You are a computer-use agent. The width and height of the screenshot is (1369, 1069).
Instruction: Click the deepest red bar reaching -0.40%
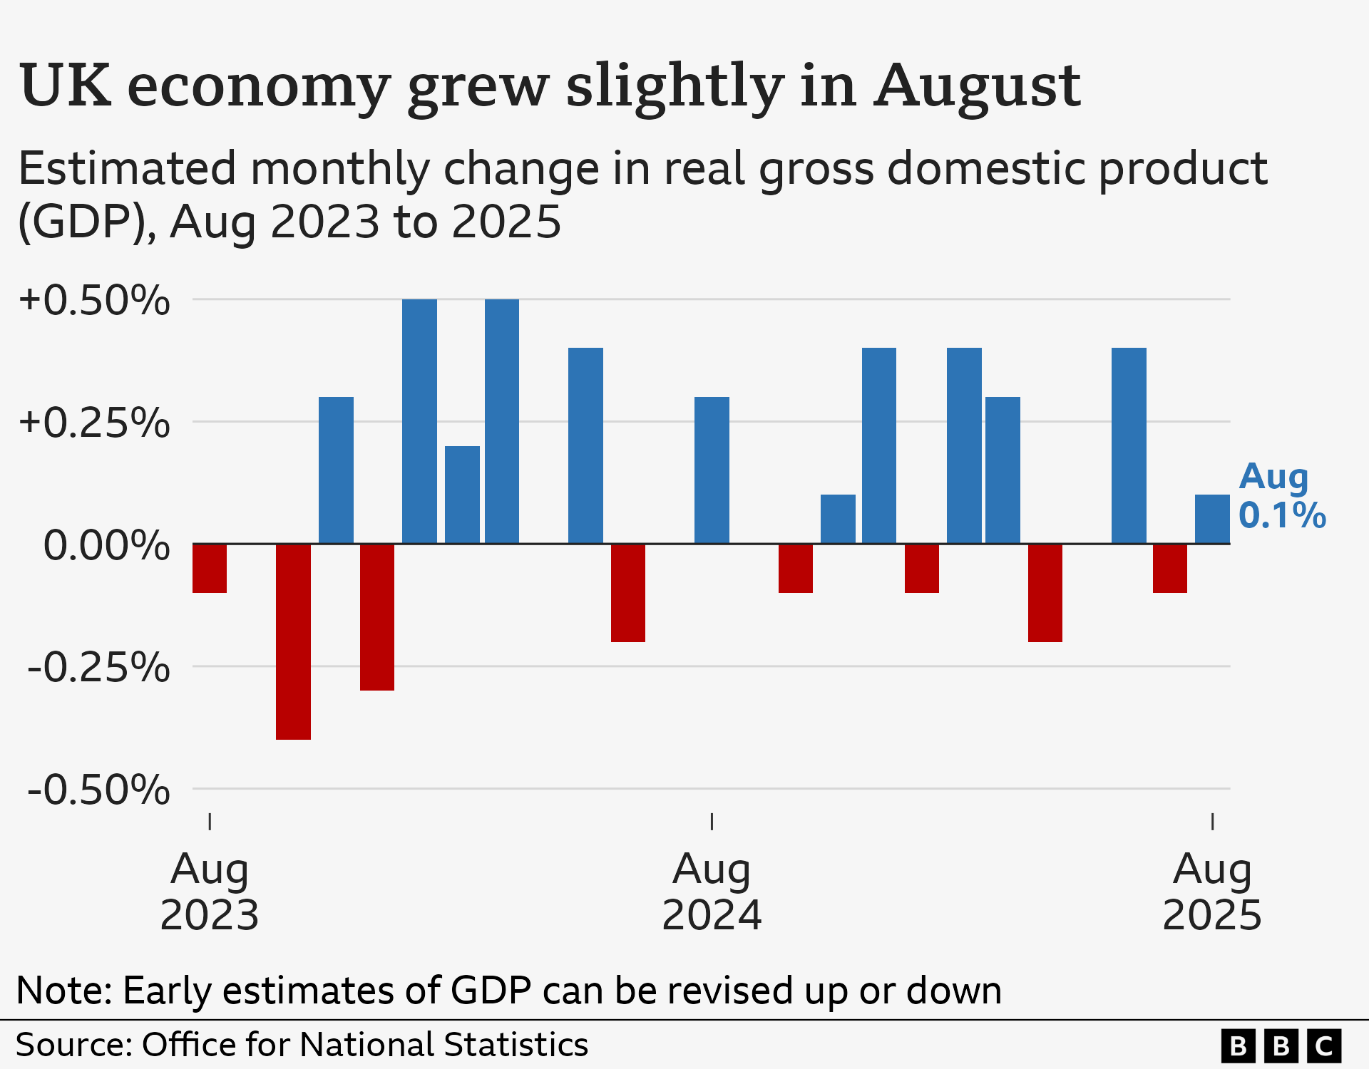[x=293, y=641]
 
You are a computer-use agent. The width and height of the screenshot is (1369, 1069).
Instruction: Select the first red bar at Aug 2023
[x=210, y=568]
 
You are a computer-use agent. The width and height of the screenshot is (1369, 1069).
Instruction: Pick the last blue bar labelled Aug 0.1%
[x=1212, y=519]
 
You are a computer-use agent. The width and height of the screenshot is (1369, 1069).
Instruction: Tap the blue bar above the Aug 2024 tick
[x=712, y=470]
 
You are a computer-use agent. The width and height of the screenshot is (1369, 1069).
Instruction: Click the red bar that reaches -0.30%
[x=377, y=617]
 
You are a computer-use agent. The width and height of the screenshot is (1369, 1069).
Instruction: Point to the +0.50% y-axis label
[x=94, y=300]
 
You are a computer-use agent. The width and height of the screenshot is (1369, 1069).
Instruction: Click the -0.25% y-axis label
[x=98, y=668]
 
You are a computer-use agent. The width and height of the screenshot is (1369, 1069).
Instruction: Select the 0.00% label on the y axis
[x=106, y=546]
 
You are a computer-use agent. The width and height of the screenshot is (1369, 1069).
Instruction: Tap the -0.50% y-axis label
[x=98, y=790]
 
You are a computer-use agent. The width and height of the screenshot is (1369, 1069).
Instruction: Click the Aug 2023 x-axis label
[x=210, y=892]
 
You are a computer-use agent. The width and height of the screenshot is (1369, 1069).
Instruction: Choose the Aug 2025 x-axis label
[x=1212, y=892]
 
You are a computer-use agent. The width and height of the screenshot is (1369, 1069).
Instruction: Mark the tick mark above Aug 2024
[x=712, y=822]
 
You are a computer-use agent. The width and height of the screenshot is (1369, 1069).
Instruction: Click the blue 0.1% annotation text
[x=1282, y=515]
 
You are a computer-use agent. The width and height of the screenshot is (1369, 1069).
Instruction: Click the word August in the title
[x=978, y=87]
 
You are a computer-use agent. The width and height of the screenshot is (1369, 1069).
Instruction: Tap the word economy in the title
[x=258, y=87]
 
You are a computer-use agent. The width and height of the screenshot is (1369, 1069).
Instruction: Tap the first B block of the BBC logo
[x=1239, y=1045]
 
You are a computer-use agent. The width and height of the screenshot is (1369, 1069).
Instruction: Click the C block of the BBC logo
[x=1324, y=1045]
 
